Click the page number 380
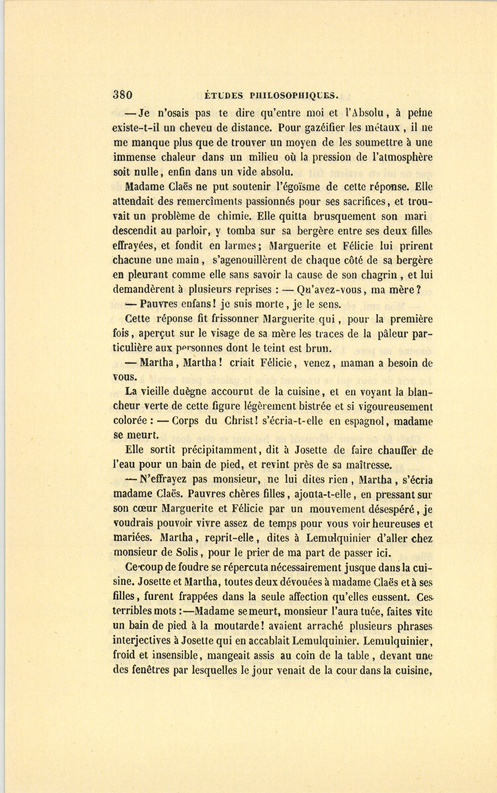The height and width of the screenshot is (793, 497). pos(122,94)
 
